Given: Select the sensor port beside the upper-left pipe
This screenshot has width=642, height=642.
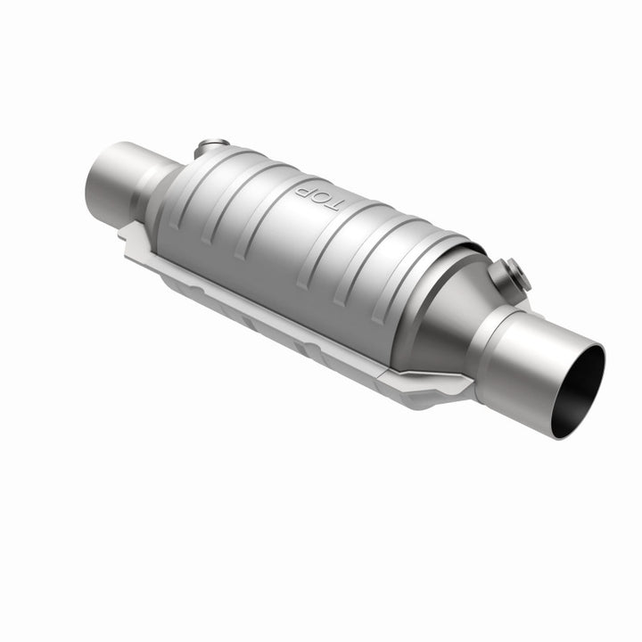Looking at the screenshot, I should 212,147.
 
